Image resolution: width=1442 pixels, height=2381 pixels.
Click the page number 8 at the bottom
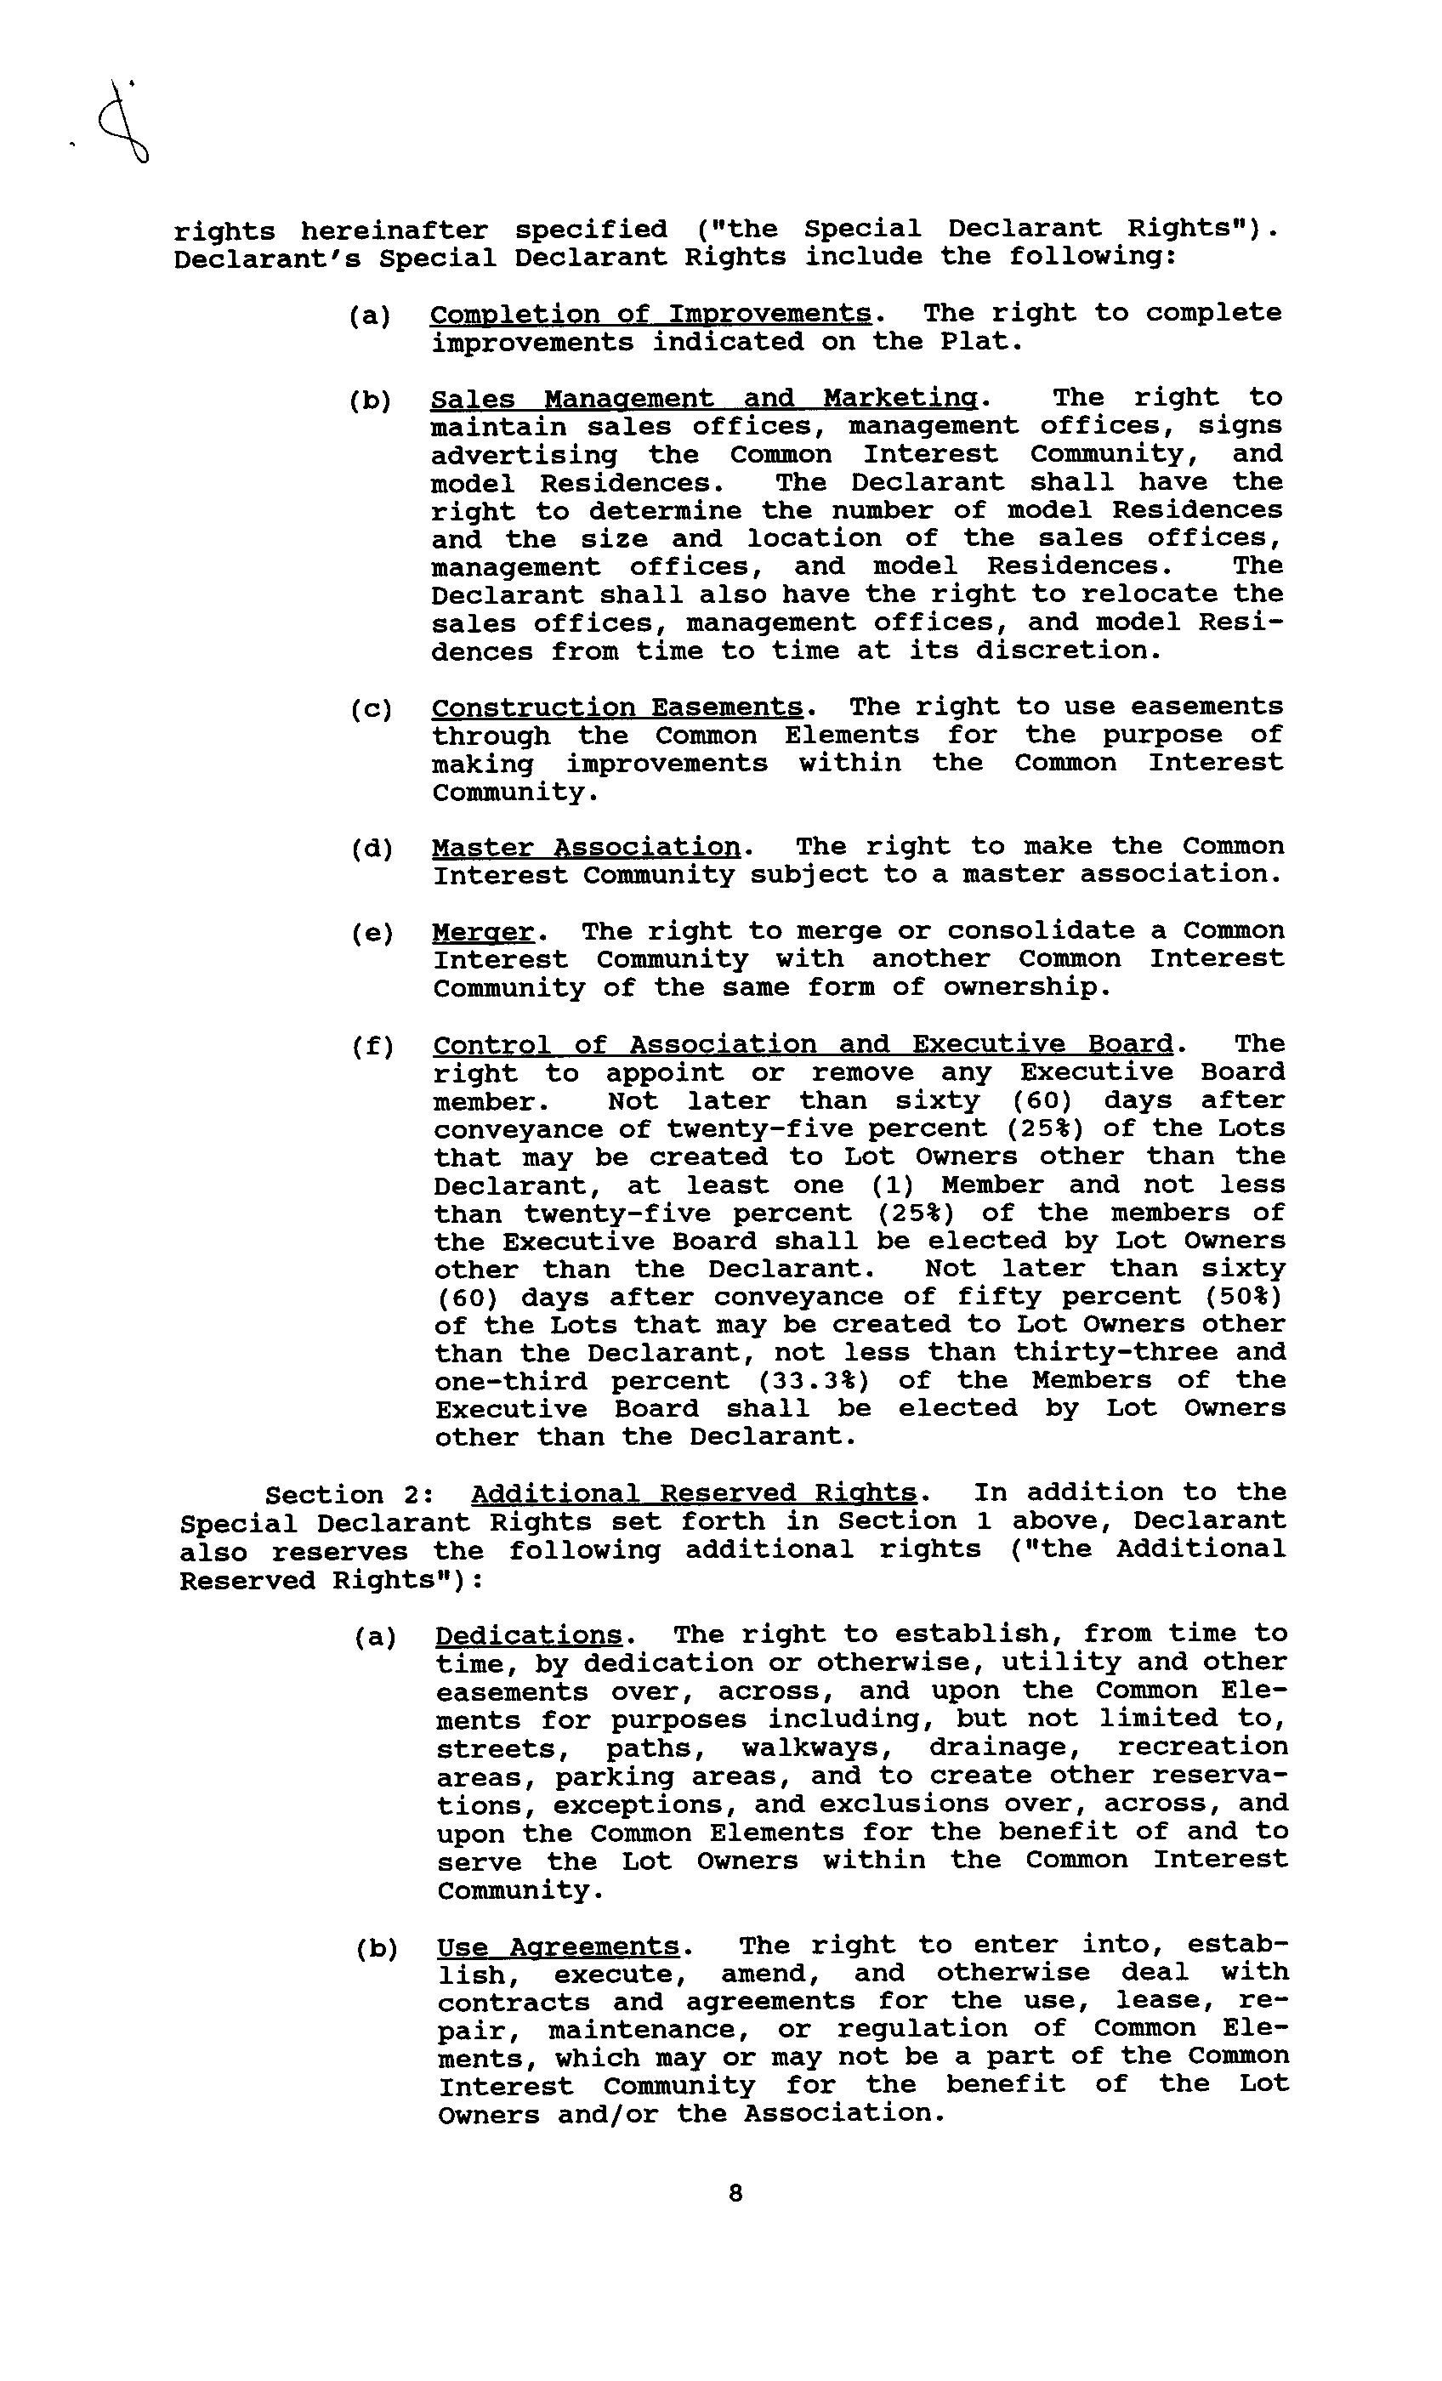click(735, 2194)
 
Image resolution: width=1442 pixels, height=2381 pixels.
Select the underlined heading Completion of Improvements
click(650, 314)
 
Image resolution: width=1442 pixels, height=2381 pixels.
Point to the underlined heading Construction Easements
click(616, 707)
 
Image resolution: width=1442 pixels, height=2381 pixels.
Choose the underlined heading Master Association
click(586, 848)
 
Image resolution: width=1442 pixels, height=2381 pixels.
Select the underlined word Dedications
click(529, 1634)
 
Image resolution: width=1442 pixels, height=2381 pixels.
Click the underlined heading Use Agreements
click(558, 1946)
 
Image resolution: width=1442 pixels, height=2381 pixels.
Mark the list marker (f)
click(372, 1047)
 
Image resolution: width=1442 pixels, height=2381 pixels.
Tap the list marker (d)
click(372, 850)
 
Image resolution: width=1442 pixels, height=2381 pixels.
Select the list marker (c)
click(372, 709)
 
